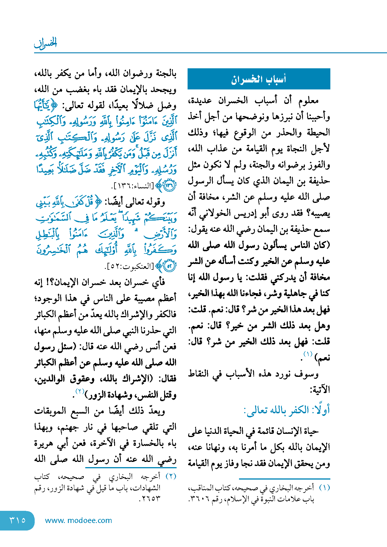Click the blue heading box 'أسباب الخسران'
[259, 79]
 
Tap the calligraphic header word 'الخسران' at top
[46, 43]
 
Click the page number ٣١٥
[17, 520]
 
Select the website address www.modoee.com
[78, 520]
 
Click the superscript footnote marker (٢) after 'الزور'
[79, 391]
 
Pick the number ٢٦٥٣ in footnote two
[150, 499]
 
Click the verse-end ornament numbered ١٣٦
[169, 186]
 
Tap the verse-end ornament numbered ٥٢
[169, 266]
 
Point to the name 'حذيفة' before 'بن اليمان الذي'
[320, 181]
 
